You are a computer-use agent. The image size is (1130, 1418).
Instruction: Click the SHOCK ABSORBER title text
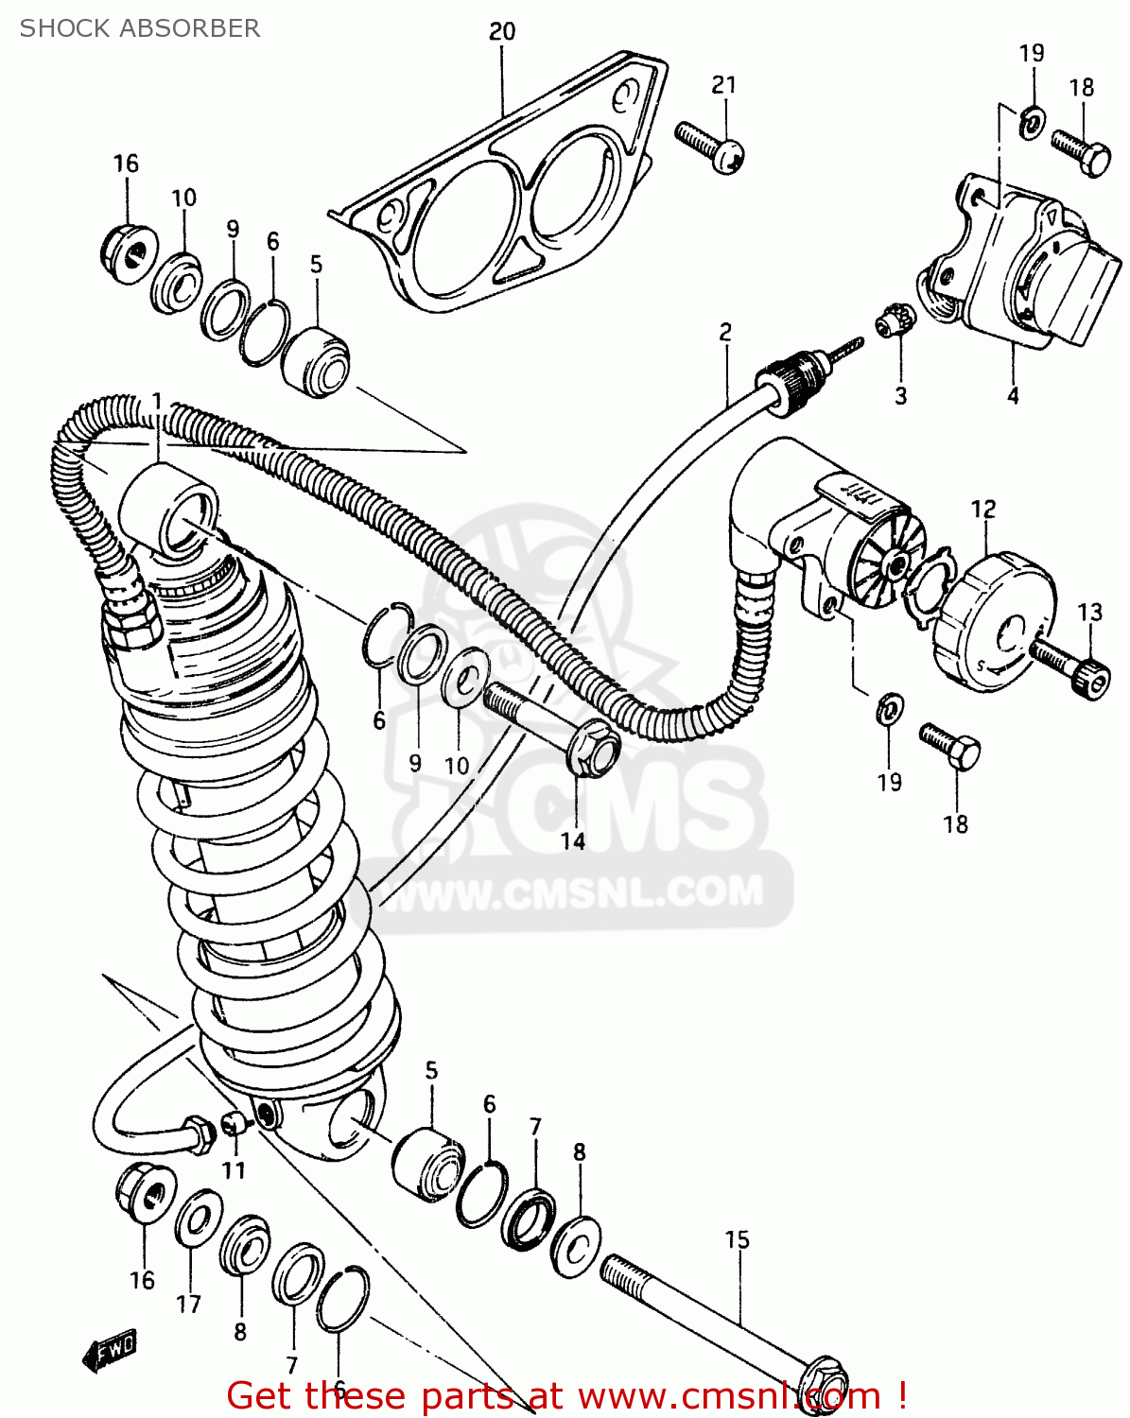tap(140, 28)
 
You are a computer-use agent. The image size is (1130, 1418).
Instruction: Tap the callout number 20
tap(502, 31)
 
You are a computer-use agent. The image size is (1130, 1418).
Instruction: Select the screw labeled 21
tap(710, 147)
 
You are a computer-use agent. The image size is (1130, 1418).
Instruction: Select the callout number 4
tap(1013, 397)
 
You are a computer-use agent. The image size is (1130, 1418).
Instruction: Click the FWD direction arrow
tap(110, 1352)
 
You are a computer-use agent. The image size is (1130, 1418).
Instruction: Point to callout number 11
tap(234, 1170)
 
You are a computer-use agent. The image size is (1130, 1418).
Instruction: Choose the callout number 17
tap(188, 1305)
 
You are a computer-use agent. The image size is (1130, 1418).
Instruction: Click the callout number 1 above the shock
tap(157, 402)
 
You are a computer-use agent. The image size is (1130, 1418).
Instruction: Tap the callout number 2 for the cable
tap(725, 332)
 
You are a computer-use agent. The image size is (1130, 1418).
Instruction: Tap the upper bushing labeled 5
tap(318, 364)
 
